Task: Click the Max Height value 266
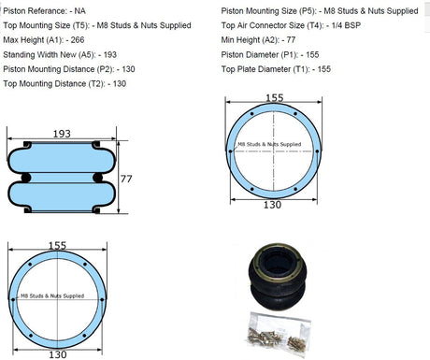78,40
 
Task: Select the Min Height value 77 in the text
291,40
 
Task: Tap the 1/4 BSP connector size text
346,25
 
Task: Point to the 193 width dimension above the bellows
62,134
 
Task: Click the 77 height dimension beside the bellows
126,179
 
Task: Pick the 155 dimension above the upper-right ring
275,98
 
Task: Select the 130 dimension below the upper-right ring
273,205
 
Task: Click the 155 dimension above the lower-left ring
57,246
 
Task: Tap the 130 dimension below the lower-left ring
58,354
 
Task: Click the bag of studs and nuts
279,333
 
